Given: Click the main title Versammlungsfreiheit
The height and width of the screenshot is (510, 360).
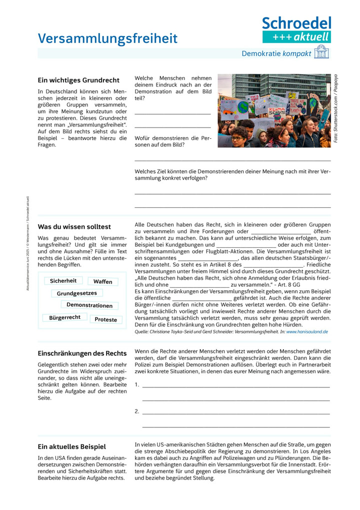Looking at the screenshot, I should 107,39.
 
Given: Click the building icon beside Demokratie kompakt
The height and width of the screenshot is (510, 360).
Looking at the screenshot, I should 321,53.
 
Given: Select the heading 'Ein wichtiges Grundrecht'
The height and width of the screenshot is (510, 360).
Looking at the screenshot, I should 78,80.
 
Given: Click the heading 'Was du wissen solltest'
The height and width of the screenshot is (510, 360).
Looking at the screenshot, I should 74,227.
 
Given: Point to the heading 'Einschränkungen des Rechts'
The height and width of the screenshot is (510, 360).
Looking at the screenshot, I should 82,353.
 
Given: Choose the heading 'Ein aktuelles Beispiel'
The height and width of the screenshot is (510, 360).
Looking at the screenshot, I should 72,446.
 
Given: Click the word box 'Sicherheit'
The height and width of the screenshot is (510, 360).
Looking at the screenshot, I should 63,281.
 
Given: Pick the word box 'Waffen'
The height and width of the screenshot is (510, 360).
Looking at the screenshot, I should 103,282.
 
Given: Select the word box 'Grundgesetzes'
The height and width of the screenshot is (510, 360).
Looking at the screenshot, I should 76,293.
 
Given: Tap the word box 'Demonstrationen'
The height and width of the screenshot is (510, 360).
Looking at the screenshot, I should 89,305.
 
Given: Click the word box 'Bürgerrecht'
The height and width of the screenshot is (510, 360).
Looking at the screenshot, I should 65,317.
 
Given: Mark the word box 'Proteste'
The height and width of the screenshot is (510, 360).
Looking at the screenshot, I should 106,319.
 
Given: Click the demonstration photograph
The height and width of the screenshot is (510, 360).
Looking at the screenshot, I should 274,111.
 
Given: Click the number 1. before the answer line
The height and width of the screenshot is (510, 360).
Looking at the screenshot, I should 137,385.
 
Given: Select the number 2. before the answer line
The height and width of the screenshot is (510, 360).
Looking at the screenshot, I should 137,411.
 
